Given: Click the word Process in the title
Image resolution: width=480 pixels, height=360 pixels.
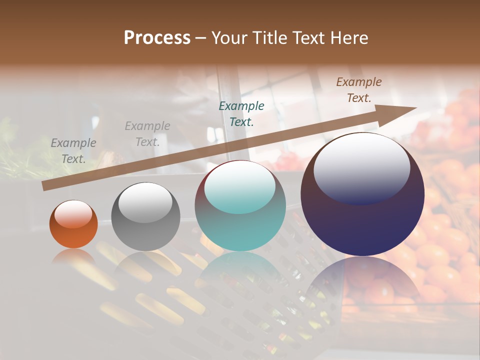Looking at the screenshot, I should (x=157, y=38).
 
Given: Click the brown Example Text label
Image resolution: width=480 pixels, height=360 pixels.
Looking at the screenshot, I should (x=359, y=90).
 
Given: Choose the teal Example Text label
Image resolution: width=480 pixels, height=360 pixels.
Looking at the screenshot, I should (x=241, y=113).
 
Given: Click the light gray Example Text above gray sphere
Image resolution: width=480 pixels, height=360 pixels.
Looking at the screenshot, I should (x=147, y=133).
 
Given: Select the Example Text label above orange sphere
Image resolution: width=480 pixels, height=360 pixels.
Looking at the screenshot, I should (x=73, y=150).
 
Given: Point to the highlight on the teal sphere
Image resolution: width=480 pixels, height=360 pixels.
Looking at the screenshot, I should (x=240, y=188).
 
